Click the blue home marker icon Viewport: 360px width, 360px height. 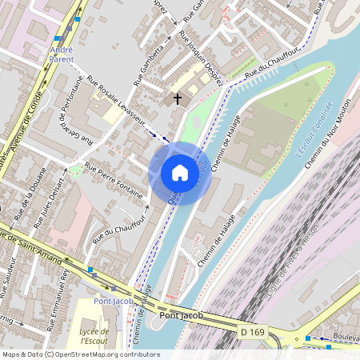(x=180, y=173)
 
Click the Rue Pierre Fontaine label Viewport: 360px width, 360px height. (x=114, y=181)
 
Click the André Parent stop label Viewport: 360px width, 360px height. (x=62, y=54)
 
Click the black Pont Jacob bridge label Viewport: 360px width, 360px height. (x=181, y=315)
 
